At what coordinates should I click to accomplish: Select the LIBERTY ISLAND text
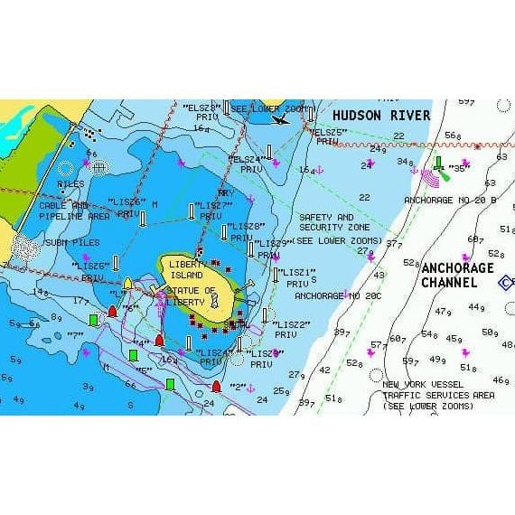[x=187, y=269]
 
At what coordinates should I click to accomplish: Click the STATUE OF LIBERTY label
[x=192, y=296]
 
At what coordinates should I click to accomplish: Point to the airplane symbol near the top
[x=281, y=117]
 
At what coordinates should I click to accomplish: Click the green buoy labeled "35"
[x=438, y=164]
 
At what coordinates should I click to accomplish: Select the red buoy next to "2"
[x=216, y=387]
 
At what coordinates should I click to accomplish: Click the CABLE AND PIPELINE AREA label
[x=74, y=211]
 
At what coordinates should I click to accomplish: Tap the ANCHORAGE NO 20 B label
[x=451, y=201]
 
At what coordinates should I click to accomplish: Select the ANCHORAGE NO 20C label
[x=338, y=296]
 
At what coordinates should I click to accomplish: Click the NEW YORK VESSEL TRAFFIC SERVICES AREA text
[x=438, y=395]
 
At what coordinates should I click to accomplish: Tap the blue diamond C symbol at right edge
[x=507, y=283]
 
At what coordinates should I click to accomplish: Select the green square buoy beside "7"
[x=93, y=319]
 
